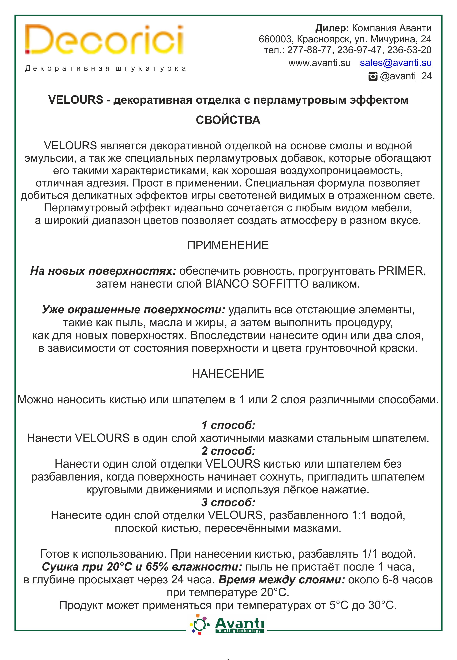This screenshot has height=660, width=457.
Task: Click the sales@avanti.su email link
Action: click(x=396, y=63)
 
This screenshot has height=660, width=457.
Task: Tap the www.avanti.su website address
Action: click(x=319, y=63)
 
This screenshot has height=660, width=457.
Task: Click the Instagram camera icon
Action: click(x=372, y=76)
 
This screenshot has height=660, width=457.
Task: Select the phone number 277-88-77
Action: click(x=310, y=50)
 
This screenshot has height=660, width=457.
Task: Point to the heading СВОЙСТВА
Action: click(x=228, y=120)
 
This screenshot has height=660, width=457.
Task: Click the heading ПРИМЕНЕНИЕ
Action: click(x=228, y=245)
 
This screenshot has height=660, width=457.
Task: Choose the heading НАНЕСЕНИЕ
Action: click(x=228, y=374)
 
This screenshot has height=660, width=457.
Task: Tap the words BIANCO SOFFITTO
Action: click(x=257, y=284)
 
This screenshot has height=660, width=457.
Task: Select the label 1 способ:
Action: click(x=228, y=425)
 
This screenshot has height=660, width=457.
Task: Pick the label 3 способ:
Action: click(x=228, y=503)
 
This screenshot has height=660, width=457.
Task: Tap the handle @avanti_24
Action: click(x=406, y=76)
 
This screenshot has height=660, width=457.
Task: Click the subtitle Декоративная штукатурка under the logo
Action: click(x=106, y=69)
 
